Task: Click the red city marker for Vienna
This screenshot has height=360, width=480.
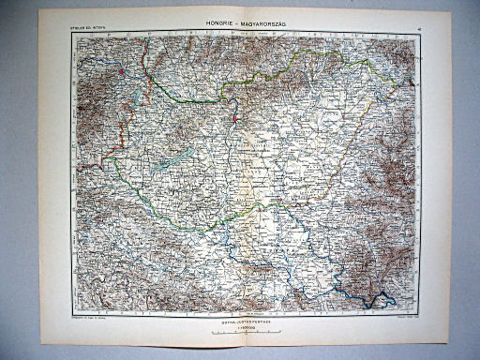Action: [x=121, y=71]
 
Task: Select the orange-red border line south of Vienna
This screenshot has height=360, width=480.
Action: [x=118, y=131]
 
